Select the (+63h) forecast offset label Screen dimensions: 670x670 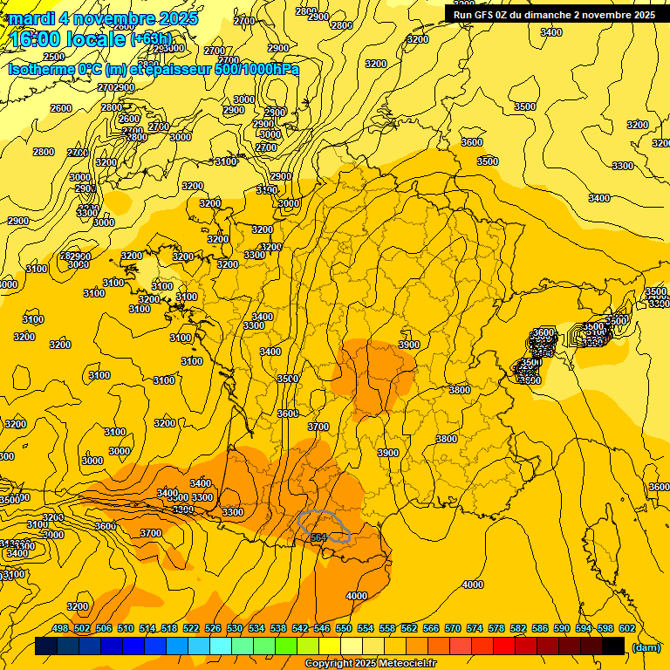[x=152, y=39]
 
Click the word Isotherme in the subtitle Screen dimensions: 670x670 [x=41, y=69]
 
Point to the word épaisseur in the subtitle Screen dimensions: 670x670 [x=178, y=69]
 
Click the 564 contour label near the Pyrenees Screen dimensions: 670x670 [x=319, y=537]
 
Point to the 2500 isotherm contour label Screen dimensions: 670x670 [x=54, y=57]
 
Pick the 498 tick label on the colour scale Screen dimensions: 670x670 [x=60, y=628]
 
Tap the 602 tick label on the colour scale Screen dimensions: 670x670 [x=626, y=628]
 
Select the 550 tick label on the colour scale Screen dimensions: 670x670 [x=344, y=628]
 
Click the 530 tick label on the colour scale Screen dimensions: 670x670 [x=235, y=628]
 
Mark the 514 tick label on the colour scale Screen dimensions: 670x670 [x=147, y=628]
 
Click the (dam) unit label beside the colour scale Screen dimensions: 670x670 [x=646, y=646]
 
